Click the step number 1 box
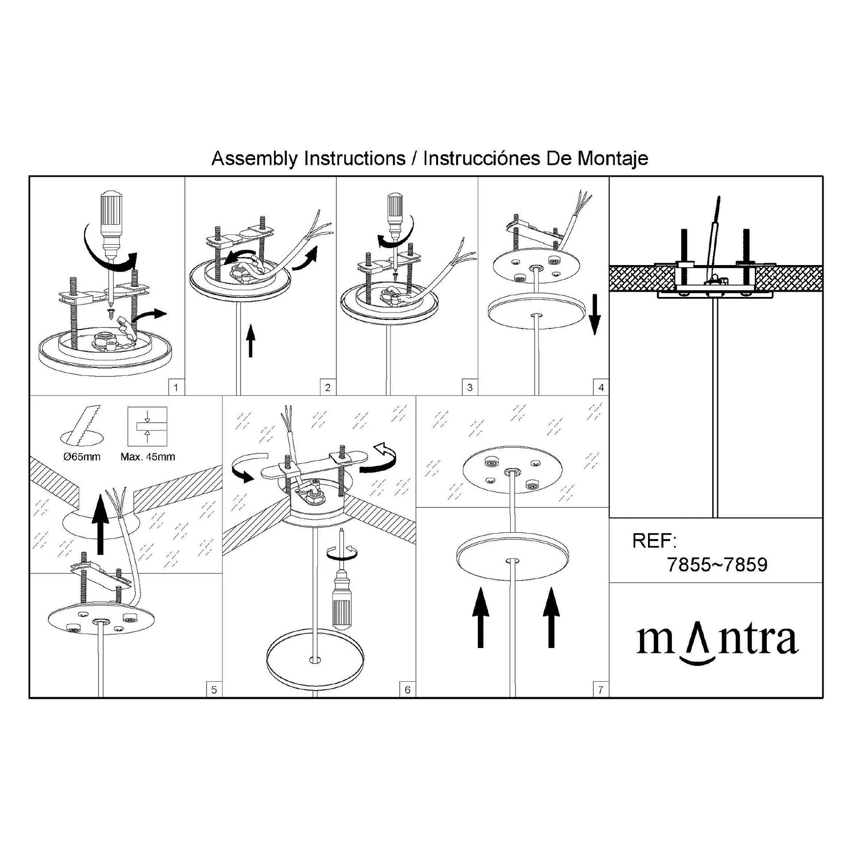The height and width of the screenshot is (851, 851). pos(176,387)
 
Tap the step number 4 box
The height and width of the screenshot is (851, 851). pos(601,387)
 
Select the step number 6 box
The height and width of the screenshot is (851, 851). pos(407,690)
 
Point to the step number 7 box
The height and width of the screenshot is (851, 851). pos(601,690)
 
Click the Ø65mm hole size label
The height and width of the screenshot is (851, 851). pos(82,457)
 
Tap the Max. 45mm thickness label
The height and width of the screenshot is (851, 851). pos(148,457)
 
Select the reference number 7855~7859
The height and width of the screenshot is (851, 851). pos(717,565)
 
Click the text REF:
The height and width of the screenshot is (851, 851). pos(654,541)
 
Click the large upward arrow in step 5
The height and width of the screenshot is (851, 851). pos(101,524)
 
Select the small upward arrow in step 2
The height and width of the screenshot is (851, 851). pos(251,340)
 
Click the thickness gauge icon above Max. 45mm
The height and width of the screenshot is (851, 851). pos(147,426)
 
